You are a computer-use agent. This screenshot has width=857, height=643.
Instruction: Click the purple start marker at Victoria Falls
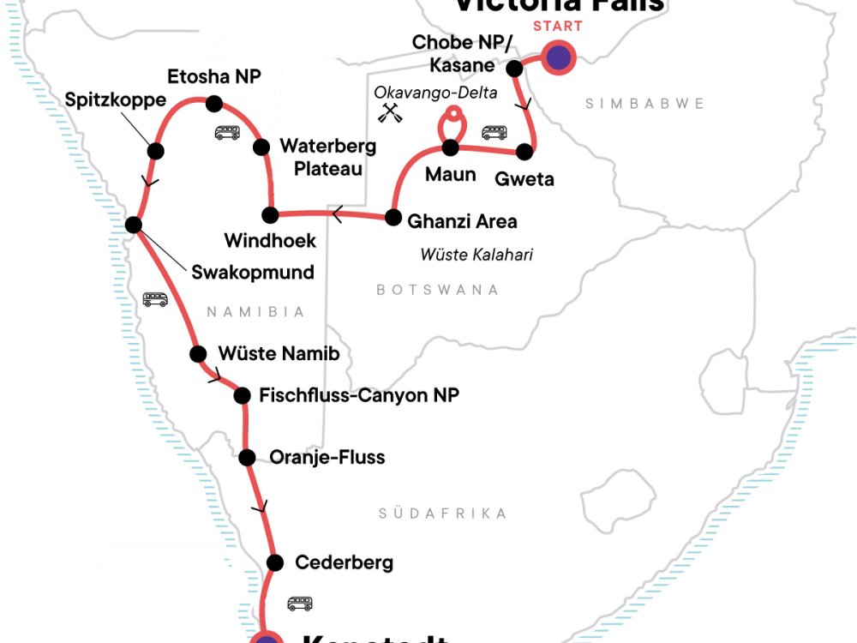tap(558, 59)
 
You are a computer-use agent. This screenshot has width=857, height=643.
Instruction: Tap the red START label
tap(558, 26)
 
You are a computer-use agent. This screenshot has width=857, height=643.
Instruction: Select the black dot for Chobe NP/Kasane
tap(514, 68)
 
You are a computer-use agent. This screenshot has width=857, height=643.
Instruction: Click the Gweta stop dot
tap(525, 153)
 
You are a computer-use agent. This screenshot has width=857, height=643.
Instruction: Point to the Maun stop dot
tap(451, 147)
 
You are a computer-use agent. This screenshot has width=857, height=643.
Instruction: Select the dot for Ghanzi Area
tap(393, 217)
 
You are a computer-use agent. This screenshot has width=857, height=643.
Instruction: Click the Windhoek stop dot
tap(270, 213)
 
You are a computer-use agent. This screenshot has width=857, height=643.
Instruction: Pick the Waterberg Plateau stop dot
tap(261, 147)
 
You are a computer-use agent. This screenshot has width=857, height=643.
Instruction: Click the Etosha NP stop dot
tap(214, 104)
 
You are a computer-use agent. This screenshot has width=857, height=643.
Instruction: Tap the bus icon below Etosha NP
tap(226, 132)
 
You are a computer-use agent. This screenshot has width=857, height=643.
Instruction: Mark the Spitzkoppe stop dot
tap(155, 151)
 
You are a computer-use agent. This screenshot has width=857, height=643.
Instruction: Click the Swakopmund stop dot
tap(134, 225)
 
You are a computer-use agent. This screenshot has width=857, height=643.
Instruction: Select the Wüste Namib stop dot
tap(198, 352)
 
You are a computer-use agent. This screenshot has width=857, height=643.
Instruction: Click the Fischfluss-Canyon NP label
tap(359, 395)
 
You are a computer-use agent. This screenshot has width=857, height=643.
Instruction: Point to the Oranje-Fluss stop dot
tap(247, 457)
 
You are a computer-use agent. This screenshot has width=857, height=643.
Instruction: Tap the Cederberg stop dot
tap(275, 562)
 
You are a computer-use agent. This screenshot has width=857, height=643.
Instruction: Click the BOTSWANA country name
tap(437, 290)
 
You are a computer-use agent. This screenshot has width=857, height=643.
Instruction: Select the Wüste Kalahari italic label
tap(476, 255)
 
